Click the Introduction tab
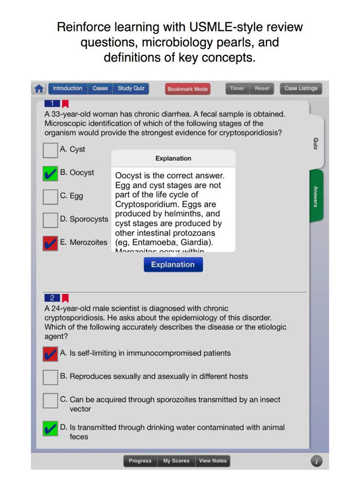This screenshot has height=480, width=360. click(68, 89)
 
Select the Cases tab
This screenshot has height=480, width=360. click(100, 89)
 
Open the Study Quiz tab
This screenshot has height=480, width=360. click(131, 89)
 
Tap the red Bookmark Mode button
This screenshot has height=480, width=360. click(187, 89)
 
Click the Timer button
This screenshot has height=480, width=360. click(237, 89)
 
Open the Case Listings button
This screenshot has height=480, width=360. click(301, 89)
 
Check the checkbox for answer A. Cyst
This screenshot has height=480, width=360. click(51, 150)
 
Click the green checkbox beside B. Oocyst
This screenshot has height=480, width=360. click(51, 173)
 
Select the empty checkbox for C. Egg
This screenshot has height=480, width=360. click(51, 197)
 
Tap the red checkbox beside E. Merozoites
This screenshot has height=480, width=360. click(51, 243)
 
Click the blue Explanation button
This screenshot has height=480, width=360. click(173, 265)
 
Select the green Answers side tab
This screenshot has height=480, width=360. click(316, 196)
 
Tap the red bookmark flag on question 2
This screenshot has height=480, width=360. click(66, 298)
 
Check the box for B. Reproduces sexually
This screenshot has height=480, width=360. click(51, 377)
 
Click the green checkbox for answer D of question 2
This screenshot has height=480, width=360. click(51, 429)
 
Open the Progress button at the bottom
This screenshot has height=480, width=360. click(140, 461)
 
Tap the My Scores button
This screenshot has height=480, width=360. click(176, 461)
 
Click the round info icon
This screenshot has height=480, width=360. click(316, 461)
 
